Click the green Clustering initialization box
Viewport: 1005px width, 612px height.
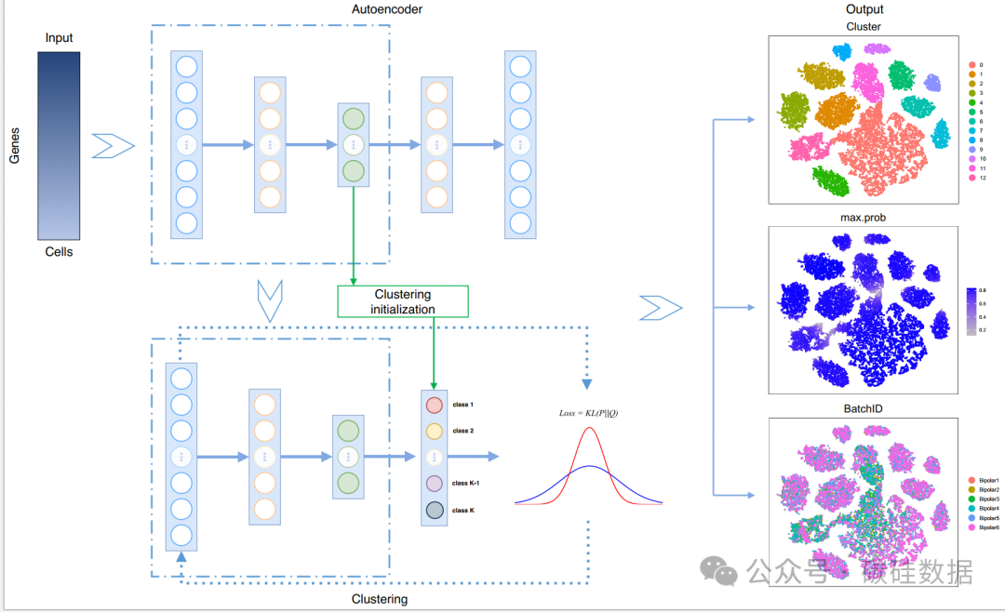[403, 301]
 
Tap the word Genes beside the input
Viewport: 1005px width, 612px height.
[15, 145]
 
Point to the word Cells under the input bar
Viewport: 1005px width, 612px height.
[59, 252]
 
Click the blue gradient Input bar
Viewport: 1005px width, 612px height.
[59, 145]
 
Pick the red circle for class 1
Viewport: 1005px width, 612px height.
[434, 406]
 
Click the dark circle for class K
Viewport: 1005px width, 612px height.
[434, 510]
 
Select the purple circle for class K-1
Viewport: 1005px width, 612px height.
[434, 484]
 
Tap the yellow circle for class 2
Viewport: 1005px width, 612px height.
[434, 432]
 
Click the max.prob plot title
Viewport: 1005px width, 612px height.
[863, 217]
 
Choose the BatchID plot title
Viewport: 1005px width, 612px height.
[863, 408]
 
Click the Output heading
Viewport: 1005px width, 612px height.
[863, 9]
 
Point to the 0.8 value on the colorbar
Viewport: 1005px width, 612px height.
[981, 290]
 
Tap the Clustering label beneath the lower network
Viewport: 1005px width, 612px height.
[380, 599]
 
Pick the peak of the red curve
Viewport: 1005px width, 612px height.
[589, 427]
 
